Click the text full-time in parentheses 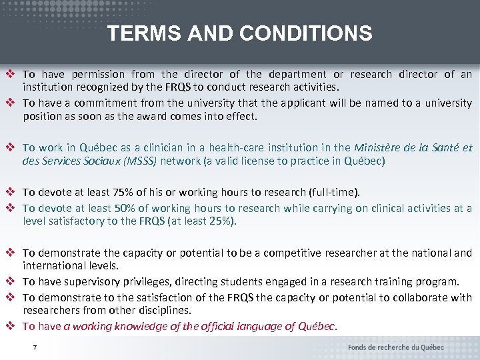point(336,193)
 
